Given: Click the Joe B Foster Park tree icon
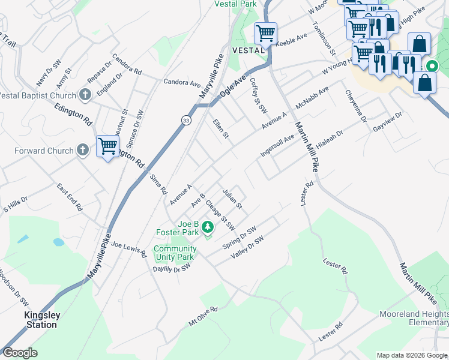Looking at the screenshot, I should (x=208, y=227).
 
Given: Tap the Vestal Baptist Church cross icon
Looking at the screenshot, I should (x=85, y=95).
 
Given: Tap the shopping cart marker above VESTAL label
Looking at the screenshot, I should (x=265, y=34).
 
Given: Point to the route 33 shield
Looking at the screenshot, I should (x=187, y=121).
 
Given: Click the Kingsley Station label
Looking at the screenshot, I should (x=41, y=320).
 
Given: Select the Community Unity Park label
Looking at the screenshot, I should (x=175, y=253).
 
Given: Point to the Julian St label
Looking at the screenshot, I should (x=232, y=199).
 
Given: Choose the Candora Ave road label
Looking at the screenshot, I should (x=182, y=82).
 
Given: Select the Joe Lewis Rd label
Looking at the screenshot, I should (x=128, y=249).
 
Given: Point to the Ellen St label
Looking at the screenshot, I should (x=221, y=128).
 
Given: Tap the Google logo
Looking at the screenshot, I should (x=20, y=353).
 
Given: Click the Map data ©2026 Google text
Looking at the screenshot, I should (x=411, y=355).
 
